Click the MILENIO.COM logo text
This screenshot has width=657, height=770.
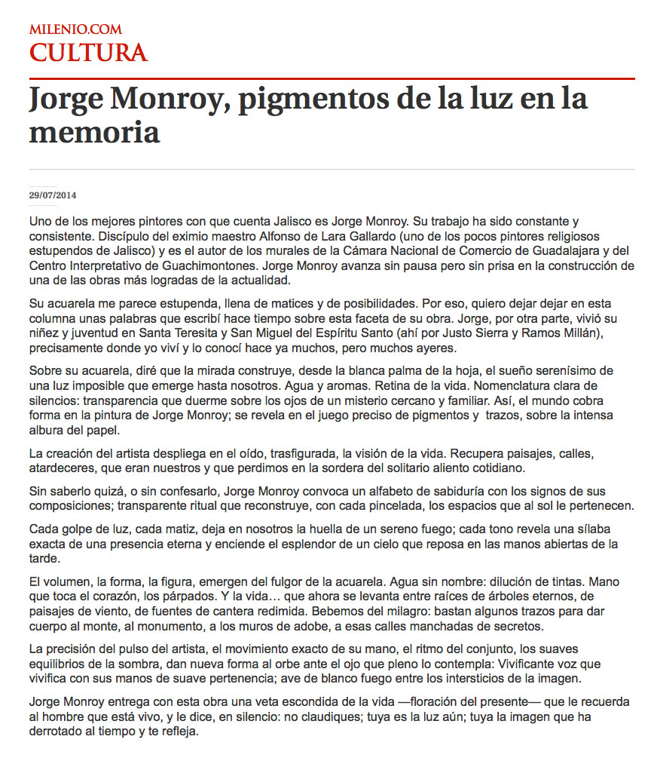tap(75, 29)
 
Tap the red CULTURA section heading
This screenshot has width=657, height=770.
tap(88, 53)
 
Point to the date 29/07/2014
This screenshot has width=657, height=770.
tap(53, 195)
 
